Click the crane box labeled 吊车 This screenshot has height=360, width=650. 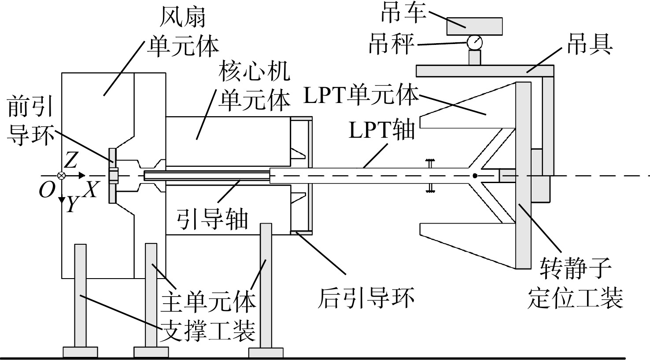(x=474, y=26)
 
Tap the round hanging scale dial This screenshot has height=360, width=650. (x=474, y=43)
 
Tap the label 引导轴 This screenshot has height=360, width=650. (x=212, y=218)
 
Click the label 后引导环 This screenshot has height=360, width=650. (x=366, y=298)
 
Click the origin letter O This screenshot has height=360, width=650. (x=47, y=190)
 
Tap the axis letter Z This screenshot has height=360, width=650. (x=71, y=162)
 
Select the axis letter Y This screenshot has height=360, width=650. (x=72, y=204)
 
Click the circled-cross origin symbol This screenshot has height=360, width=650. (x=62, y=176)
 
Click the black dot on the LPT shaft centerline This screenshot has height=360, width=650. (x=474, y=176)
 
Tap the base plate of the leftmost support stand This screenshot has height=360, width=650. (x=80, y=352)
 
